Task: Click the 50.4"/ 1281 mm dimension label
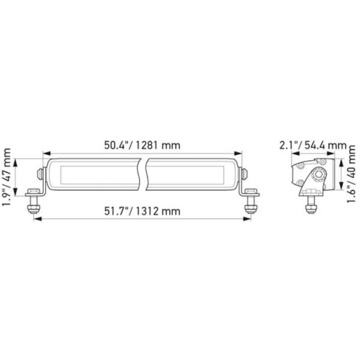pos(142,145)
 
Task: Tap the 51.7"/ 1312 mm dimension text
pos(142,211)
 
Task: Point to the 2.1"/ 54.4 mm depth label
pos(313,145)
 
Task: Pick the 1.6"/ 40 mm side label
pos(351,178)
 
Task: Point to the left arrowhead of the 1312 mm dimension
pos(37,220)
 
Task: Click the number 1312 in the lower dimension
pos(151,211)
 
